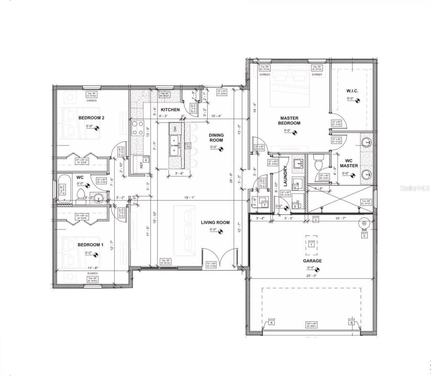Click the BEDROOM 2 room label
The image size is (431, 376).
91,118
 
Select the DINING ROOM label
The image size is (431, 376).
216,137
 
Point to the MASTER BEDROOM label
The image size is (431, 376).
289,121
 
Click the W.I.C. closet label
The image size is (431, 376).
352,91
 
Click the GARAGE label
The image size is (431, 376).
312,261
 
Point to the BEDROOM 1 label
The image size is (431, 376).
90,245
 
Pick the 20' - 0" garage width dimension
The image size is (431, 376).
312,276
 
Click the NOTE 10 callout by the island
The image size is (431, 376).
188,146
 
